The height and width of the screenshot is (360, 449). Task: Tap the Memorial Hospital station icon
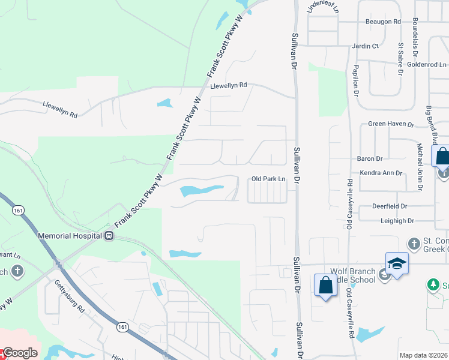tap(109, 236)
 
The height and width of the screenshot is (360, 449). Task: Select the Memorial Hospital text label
tap(70, 236)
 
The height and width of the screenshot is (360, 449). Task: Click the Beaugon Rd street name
tap(383, 22)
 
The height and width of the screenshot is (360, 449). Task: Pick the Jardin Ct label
tap(366, 46)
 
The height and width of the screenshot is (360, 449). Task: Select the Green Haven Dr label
tap(391, 124)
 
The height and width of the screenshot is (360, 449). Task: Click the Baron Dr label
tap(370, 159)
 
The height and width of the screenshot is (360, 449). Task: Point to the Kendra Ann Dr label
tap(380, 173)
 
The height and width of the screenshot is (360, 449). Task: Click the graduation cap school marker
tap(397, 264)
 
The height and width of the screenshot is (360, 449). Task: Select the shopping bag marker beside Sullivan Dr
tap(325, 285)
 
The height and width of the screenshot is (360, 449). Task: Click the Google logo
tap(19, 353)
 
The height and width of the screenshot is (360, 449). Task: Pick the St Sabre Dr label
tap(400, 59)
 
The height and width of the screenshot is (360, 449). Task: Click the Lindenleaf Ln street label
tap(323, 7)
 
